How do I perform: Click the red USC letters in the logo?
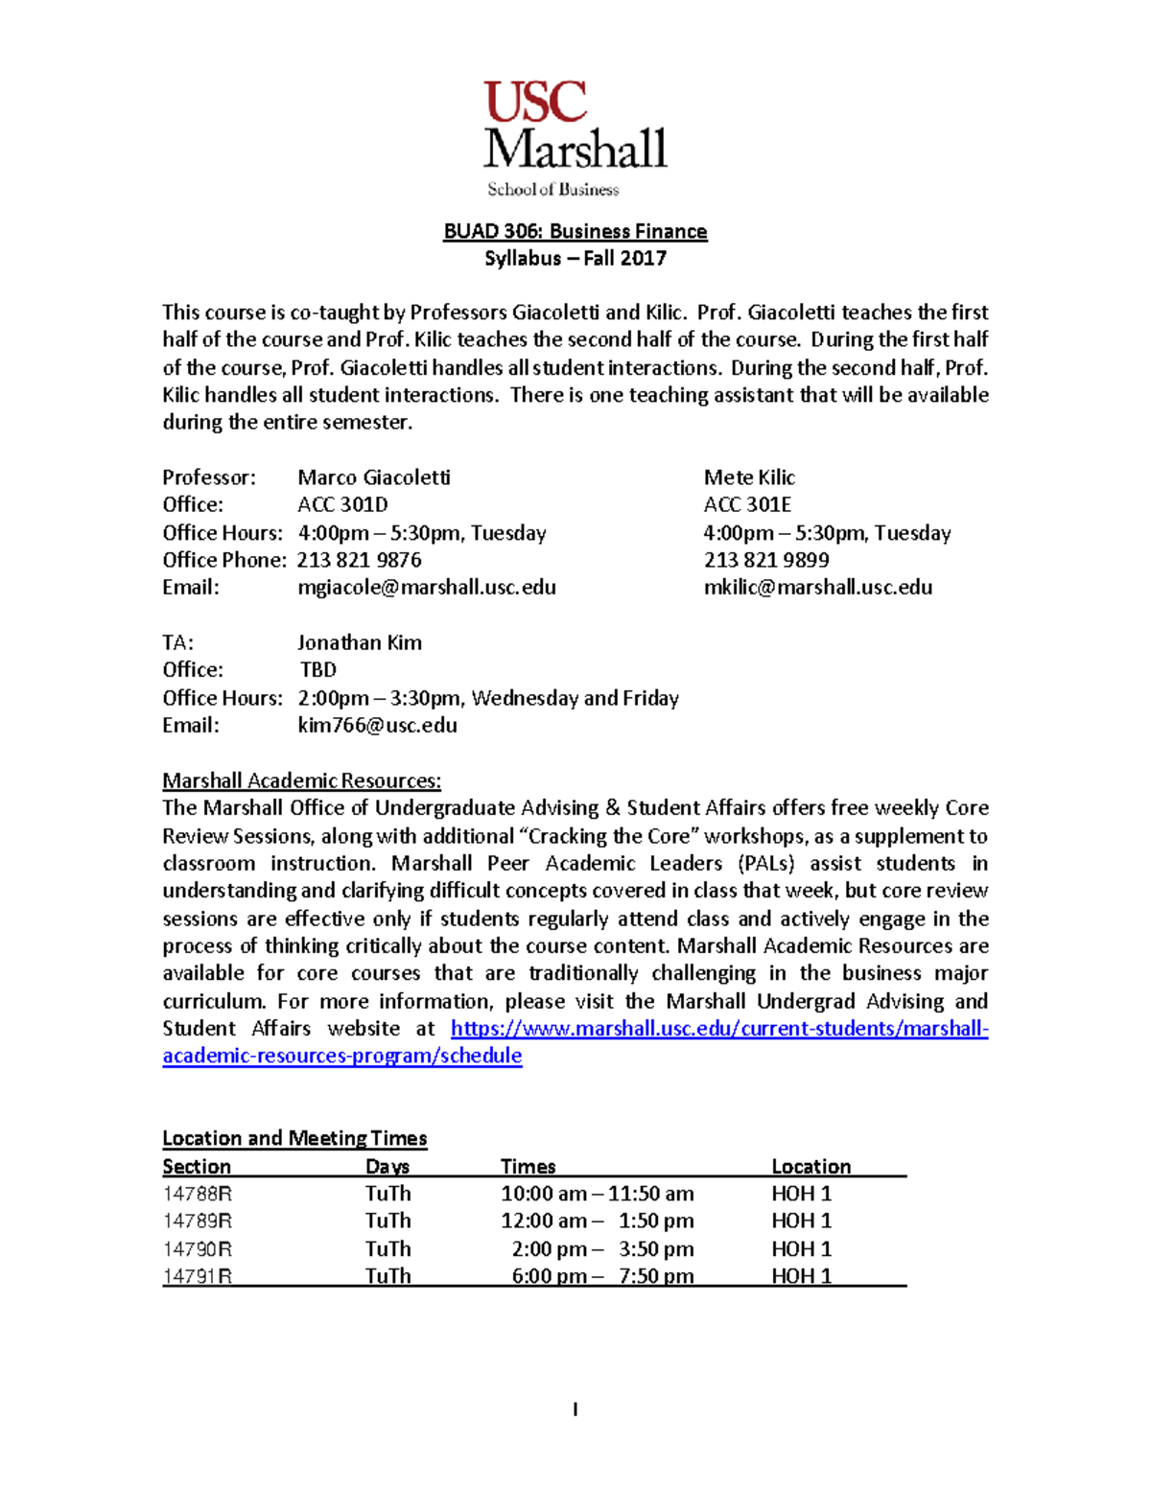tap(535, 103)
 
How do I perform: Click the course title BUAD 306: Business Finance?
tap(575, 231)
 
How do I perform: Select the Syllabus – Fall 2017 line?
tap(575, 258)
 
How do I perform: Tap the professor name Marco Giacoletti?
tap(373, 477)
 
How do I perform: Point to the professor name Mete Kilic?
tap(749, 477)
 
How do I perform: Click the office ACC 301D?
tap(342, 504)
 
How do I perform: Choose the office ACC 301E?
tap(747, 504)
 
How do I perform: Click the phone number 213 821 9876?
tap(359, 560)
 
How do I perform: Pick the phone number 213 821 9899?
tap(766, 560)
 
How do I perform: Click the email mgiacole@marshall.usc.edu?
tap(426, 587)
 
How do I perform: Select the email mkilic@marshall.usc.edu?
tap(817, 587)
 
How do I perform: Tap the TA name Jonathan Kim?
tap(359, 642)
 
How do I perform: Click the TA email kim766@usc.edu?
tap(377, 725)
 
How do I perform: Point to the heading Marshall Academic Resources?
tap(301, 780)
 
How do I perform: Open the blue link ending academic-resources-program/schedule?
tap(342, 1056)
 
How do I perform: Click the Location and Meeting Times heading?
tap(294, 1138)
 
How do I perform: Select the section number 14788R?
tap(198, 1194)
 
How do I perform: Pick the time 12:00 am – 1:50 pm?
tap(597, 1221)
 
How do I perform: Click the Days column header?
tap(388, 1167)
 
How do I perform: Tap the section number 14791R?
tap(198, 1276)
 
